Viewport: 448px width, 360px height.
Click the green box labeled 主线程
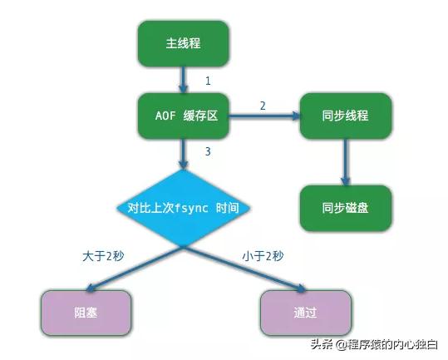[183, 44]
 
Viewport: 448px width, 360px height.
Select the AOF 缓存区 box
[183, 116]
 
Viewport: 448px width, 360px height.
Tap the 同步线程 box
[346, 116]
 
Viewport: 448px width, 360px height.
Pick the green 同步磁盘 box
[346, 208]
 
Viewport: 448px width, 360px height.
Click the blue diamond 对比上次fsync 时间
[183, 208]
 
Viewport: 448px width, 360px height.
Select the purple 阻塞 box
[86, 313]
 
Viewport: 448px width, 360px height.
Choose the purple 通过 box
[305, 313]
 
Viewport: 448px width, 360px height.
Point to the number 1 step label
[208, 81]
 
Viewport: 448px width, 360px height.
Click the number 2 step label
[263, 106]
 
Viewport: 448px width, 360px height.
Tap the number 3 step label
[208, 151]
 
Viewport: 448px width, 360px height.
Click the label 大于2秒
[103, 256]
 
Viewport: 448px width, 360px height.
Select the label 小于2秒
[263, 256]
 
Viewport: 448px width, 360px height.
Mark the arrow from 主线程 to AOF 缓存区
[183, 80]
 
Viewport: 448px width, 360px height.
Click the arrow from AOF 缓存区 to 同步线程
[265, 116]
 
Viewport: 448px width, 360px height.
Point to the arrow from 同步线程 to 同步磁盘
[346, 162]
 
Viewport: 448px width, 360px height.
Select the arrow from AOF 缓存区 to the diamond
[183, 155]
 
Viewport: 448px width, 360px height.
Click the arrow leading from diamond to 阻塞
[135, 269]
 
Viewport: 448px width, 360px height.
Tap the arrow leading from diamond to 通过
[244, 269]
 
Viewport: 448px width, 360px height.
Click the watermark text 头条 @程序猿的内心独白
[374, 344]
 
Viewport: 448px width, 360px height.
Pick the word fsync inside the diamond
[191, 208]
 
